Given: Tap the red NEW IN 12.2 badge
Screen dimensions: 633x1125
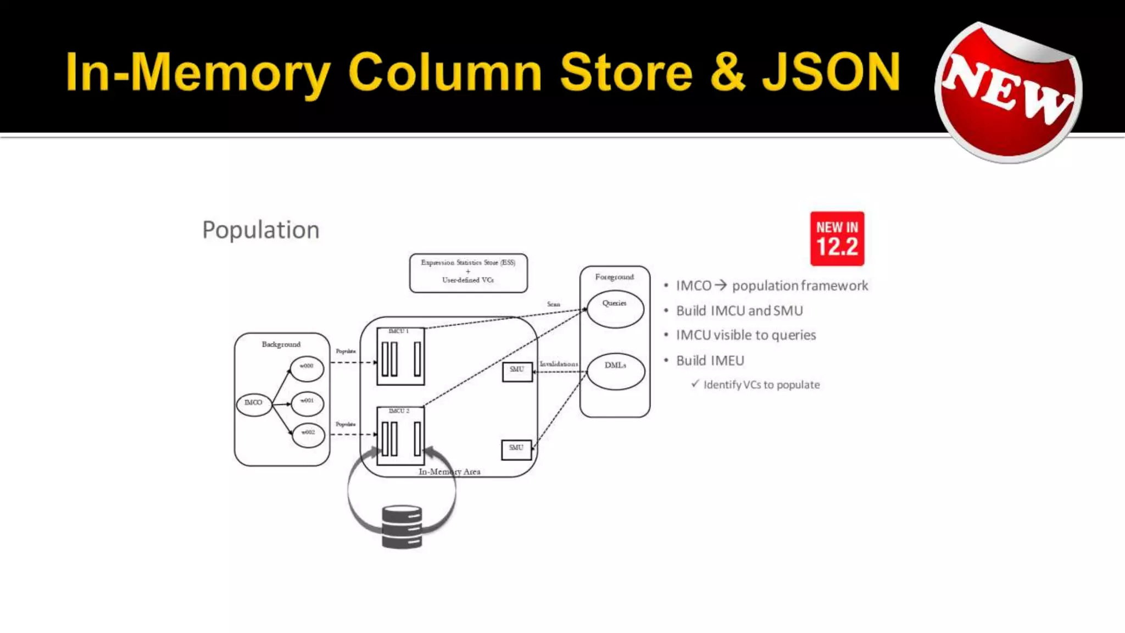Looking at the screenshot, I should [837, 238].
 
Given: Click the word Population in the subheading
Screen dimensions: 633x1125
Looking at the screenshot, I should [260, 230].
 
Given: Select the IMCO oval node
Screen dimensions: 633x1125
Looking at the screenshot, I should [254, 403].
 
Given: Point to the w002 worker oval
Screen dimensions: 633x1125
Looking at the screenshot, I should [308, 435].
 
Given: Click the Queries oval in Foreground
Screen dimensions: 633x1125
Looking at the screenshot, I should [615, 309].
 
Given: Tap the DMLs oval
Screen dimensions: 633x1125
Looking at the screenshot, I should [615, 371].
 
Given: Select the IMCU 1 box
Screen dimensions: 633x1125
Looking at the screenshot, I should [400, 356].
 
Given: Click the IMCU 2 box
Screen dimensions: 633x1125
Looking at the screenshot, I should [400, 436].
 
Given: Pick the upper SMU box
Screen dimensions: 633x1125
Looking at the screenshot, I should [517, 371].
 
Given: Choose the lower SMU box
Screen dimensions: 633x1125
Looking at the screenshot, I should [516, 449].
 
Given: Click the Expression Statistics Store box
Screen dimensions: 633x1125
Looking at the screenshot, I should [468, 273].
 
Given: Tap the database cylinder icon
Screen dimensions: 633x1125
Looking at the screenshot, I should [402, 527].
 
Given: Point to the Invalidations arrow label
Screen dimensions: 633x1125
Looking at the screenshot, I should [559, 364].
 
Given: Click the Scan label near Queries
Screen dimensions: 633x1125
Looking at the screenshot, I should [553, 304].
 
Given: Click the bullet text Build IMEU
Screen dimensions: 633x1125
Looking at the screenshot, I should [710, 360].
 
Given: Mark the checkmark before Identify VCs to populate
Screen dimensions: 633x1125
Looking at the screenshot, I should [695, 384].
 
